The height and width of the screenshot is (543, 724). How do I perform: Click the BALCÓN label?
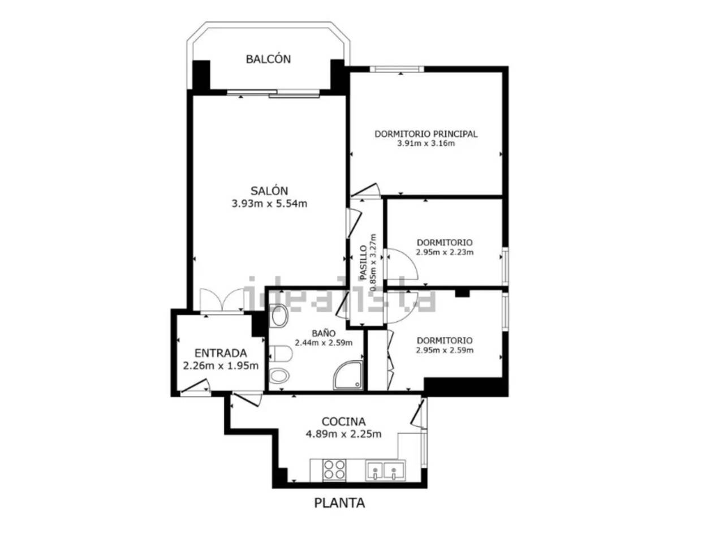[x=268, y=59]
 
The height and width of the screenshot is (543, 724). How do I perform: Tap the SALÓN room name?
[x=269, y=191]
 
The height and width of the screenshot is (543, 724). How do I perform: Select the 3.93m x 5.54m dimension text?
[x=269, y=204]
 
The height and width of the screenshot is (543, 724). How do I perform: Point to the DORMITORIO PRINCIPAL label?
[x=426, y=134]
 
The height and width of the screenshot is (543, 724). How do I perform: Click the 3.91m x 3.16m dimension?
[x=426, y=144]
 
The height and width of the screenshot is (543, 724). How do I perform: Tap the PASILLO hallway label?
[x=363, y=262]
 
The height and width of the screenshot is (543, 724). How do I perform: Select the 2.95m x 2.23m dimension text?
[x=444, y=252]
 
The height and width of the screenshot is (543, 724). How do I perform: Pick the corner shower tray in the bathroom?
[x=348, y=375]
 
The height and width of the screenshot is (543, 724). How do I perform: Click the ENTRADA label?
[x=221, y=353]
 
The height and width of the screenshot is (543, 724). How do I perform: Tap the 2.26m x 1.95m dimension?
[x=221, y=365]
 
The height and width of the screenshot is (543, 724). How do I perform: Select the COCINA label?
[x=343, y=421]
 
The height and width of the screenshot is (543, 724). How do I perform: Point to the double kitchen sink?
[x=385, y=470]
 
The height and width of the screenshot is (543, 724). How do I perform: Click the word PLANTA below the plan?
[x=339, y=503]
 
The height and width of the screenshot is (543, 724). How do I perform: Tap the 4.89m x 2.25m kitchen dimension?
[x=343, y=434]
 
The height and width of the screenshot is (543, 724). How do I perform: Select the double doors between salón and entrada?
[x=222, y=300]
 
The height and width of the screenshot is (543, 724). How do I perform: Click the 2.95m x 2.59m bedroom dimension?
[x=444, y=350]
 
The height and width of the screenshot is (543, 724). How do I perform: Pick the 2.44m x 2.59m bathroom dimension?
[x=323, y=343]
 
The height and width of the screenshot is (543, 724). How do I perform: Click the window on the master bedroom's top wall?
[x=397, y=69]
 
